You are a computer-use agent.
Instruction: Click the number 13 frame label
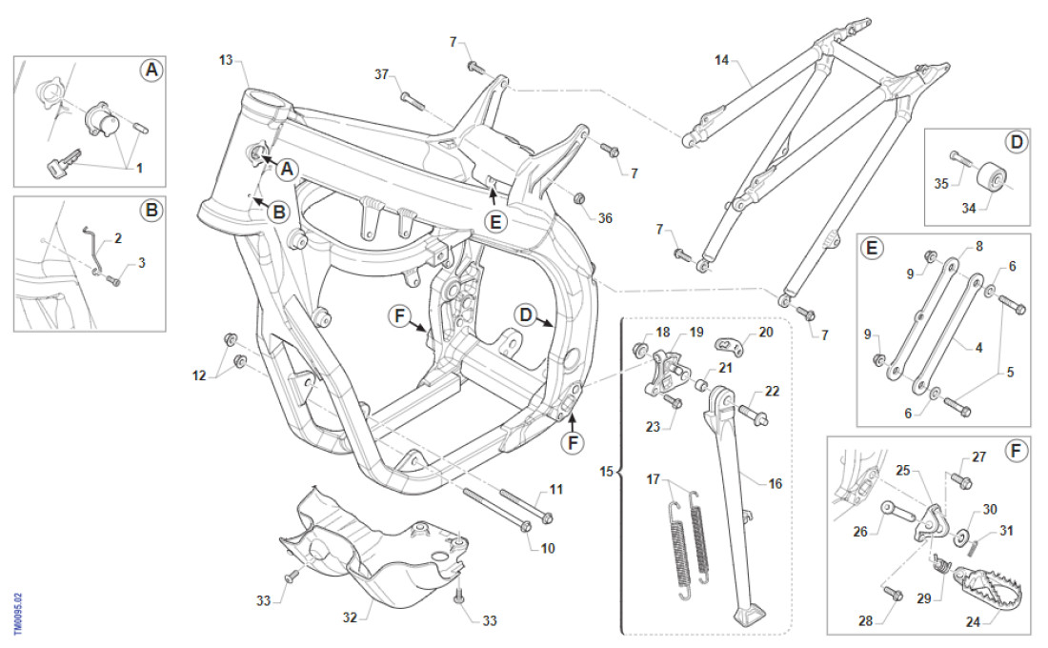(x=226, y=60)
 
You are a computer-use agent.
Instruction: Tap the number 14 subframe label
(x=721, y=60)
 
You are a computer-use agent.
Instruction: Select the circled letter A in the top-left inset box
(x=150, y=70)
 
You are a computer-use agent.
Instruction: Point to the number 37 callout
(x=382, y=74)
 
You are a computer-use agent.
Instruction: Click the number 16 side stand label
(x=775, y=484)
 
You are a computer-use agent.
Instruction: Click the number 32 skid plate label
(x=350, y=617)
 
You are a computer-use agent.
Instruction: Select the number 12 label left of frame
(x=200, y=377)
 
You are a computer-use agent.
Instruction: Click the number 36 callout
(x=605, y=218)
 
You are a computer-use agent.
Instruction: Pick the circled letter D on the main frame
(x=525, y=314)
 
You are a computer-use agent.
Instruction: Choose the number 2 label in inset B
(x=118, y=238)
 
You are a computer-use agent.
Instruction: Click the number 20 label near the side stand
(x=766, y=332)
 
